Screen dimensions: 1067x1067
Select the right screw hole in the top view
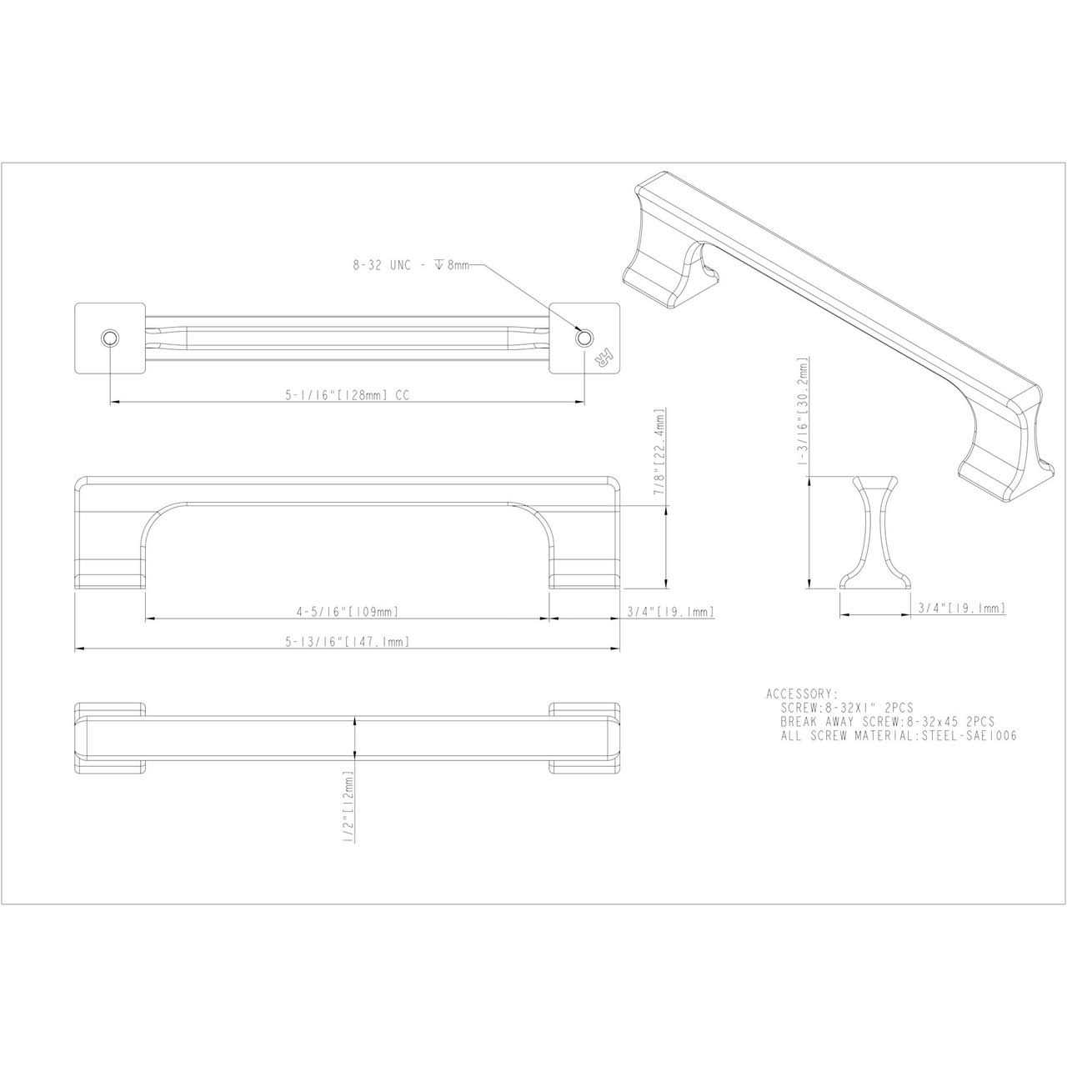coord(584,338)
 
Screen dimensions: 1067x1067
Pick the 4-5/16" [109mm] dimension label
coord(347,612)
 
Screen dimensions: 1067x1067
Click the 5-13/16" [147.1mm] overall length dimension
coord(347,642)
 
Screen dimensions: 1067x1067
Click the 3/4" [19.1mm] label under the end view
coord(961,609)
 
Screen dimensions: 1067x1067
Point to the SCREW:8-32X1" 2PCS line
coord(846,707)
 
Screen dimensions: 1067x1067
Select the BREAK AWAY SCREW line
coord(887,721)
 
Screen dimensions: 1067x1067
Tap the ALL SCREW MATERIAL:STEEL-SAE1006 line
coord(899,736)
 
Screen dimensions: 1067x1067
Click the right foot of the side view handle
coord(584,567)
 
